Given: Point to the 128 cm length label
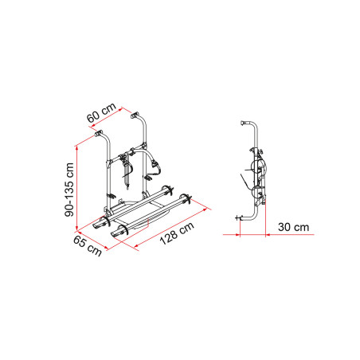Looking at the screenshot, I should (x=177, y=237).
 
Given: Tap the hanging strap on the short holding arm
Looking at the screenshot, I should (x=127, y=169).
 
